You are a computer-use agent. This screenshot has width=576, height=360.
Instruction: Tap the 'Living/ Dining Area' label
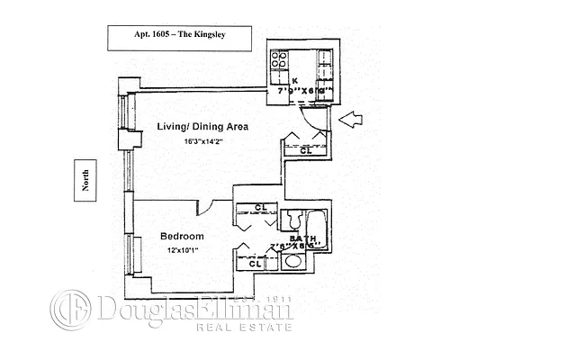[202, 127]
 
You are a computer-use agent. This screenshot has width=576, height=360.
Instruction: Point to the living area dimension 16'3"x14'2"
[202, 141]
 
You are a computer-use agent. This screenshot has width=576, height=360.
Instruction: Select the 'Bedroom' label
[182, 237]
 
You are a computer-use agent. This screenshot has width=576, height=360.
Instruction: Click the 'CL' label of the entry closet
[305, 151]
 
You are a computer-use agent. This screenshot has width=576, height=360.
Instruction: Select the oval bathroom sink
[292, 262]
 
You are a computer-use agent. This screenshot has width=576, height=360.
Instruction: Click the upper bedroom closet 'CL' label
[259, 209]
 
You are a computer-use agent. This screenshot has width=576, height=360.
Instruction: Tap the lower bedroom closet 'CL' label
[254, 264]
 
